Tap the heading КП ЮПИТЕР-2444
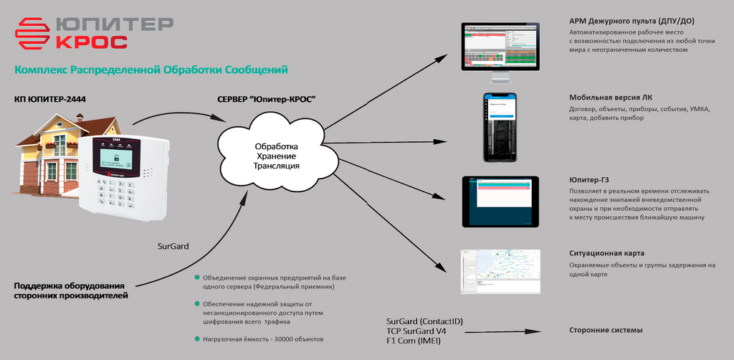tap(49, 98)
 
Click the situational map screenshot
tap(500, 271)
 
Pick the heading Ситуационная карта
tap(606, 253)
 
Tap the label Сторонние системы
tap(606, 330)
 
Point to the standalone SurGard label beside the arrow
tap(173, 246)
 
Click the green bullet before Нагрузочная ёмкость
tap(197, 338)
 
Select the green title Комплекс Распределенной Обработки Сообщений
tap(151, 70)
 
